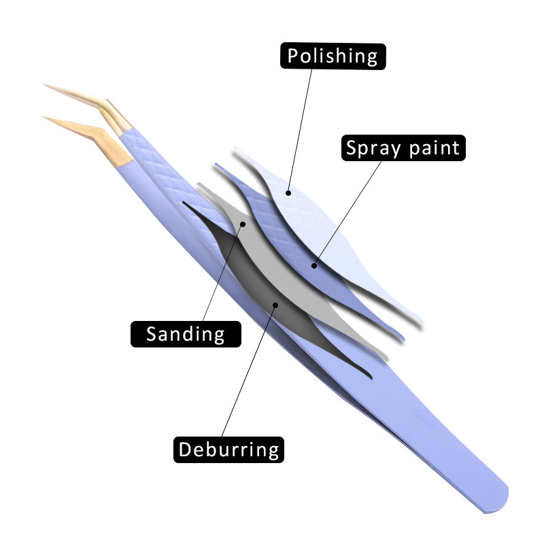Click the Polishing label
(333, 56)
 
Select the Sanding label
(186, 333)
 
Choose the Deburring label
(228, 449)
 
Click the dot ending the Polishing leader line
(288, 192)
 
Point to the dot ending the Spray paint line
(314, 265)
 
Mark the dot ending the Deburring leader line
(275, 304)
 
